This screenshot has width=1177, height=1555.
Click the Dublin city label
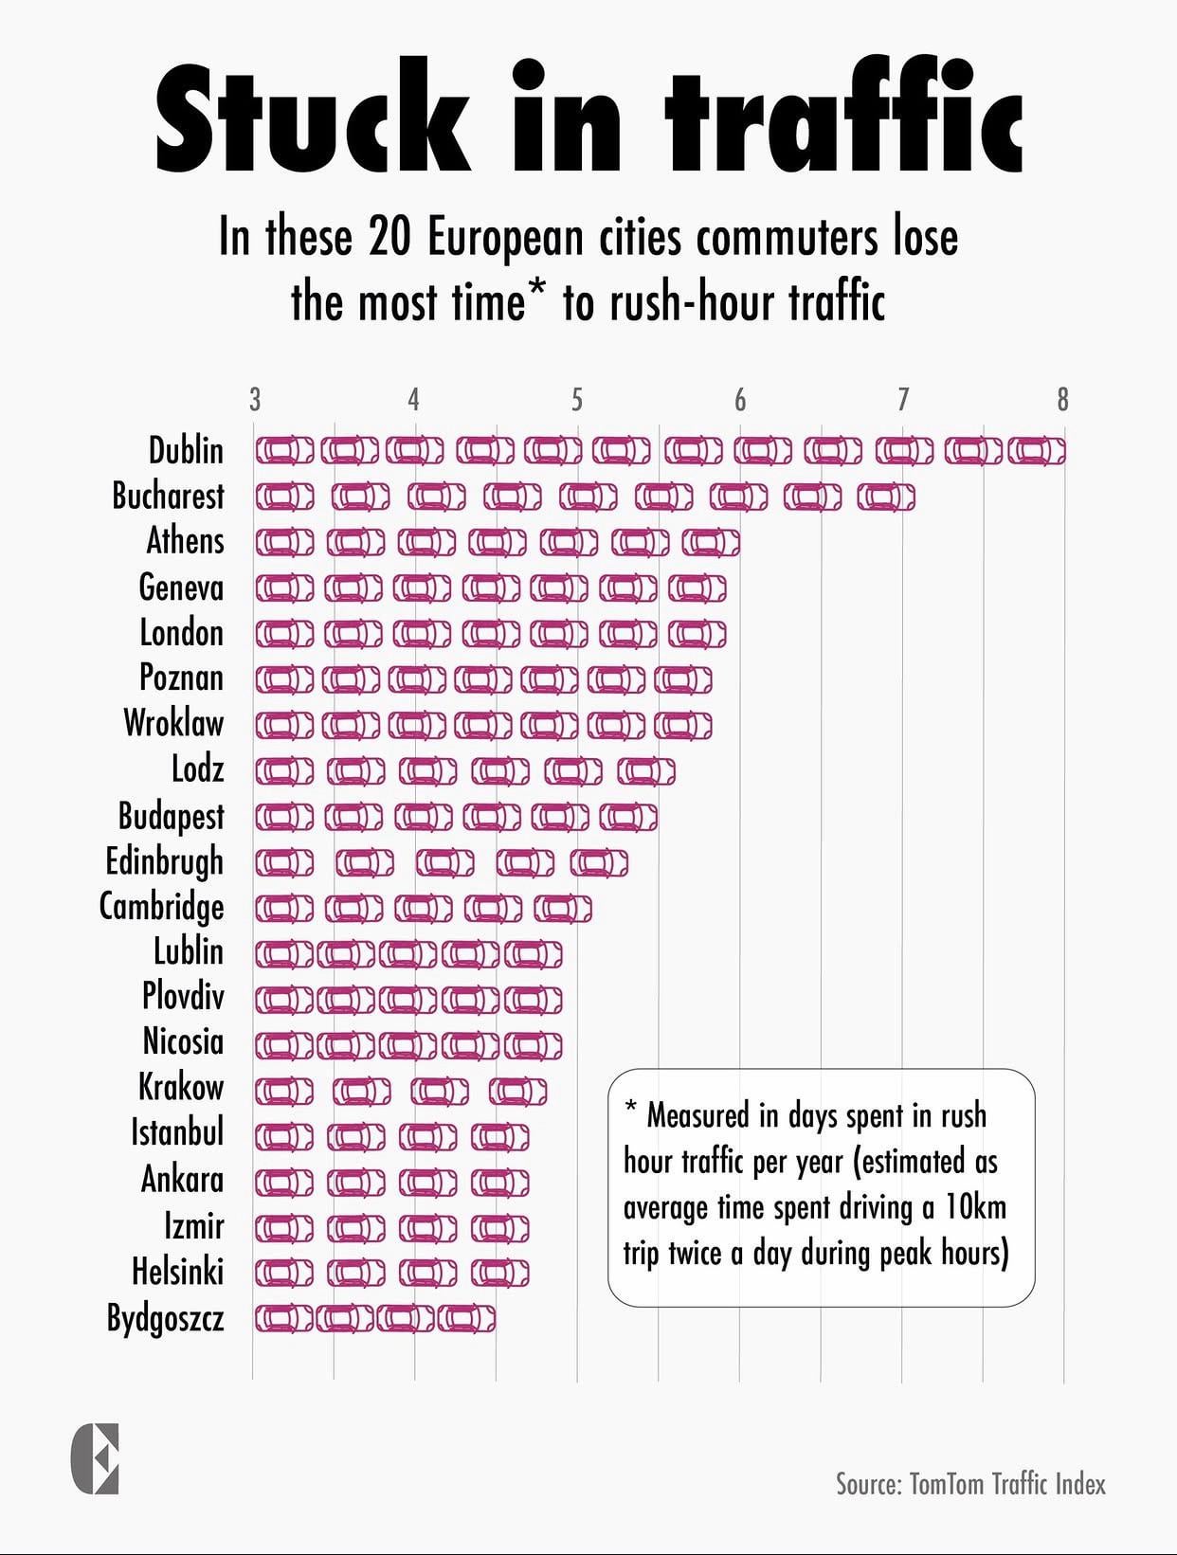click(x=186, y=450)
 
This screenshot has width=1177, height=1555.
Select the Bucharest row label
click(x=168, y=496)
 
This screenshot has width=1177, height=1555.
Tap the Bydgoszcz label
click(x=165, y=1318)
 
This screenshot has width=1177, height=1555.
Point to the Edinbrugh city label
click(x=164, y=861)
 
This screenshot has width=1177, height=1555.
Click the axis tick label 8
click(x=1062, y=400)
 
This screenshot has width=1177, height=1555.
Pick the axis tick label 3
click(x=254, y=400)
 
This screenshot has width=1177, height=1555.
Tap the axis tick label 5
click(x=576, y=400)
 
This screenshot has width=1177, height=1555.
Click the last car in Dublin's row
click(x=1036, y=450)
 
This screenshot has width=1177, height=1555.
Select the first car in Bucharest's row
click(x=284, y=497)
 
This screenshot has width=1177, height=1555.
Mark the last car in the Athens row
click(x=711, y=542)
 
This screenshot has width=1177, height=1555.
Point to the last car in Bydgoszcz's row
click(x=465, y=1318)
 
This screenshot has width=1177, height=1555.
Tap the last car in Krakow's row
click(x=517, y=1091)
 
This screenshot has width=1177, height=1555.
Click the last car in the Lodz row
click(x=646, y=771)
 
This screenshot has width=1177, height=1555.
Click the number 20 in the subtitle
click(x=389, y=237)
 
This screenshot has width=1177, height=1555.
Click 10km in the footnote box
click(x=975, y=1207)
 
